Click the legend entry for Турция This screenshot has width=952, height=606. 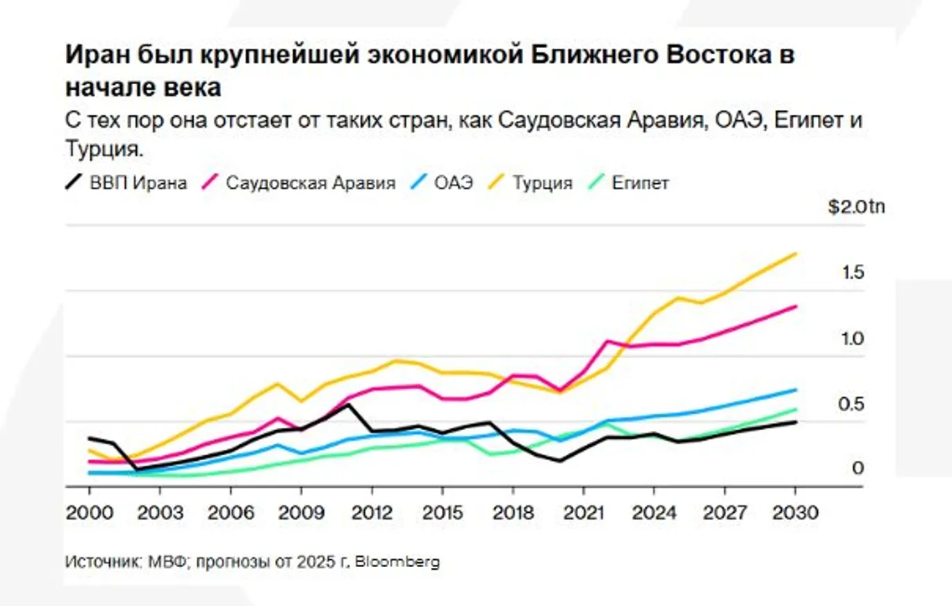[543, 183]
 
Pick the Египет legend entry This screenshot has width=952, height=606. [640, 183]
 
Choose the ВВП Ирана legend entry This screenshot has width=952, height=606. [138, 183]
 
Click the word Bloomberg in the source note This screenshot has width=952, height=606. [397, 562]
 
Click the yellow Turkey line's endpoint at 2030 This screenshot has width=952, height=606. [796, 254]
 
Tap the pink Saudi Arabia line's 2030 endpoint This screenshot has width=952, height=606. [796, 306]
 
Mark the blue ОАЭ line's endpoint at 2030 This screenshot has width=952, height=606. [796, 390]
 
